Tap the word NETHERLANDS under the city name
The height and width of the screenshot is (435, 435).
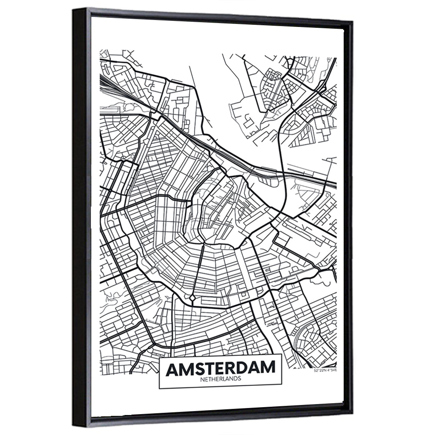coord(221,379)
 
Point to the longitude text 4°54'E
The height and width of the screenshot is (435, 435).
coord(331,371)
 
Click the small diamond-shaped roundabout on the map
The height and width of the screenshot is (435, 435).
coord(192,298)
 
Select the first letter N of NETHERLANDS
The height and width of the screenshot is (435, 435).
coord(202,379)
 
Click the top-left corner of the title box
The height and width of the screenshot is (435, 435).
coord(159,355)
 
